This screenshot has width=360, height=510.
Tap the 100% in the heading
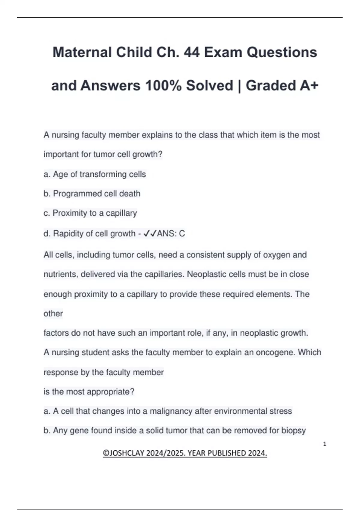[163, 86]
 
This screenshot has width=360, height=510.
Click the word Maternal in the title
[82, 52]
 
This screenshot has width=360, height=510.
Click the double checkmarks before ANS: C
[150, 233]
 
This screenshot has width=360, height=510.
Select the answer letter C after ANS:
[182, 233]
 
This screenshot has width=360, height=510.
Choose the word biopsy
[293, 430]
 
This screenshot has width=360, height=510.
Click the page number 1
[325, 444]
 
